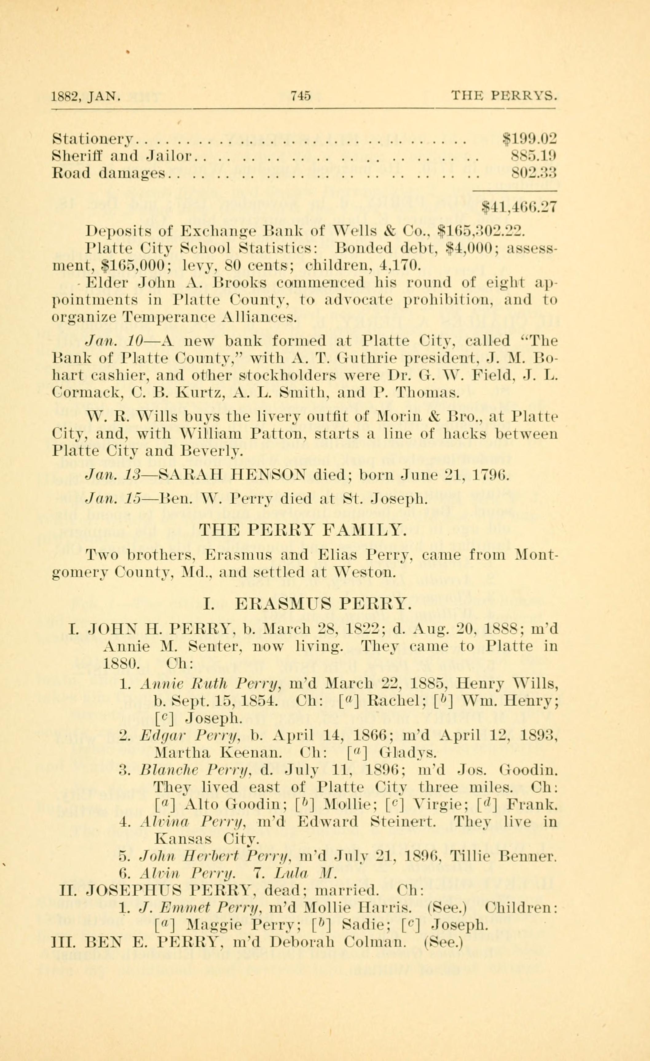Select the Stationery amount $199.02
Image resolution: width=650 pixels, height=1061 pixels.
pyautogui.click(x=530, y=139)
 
